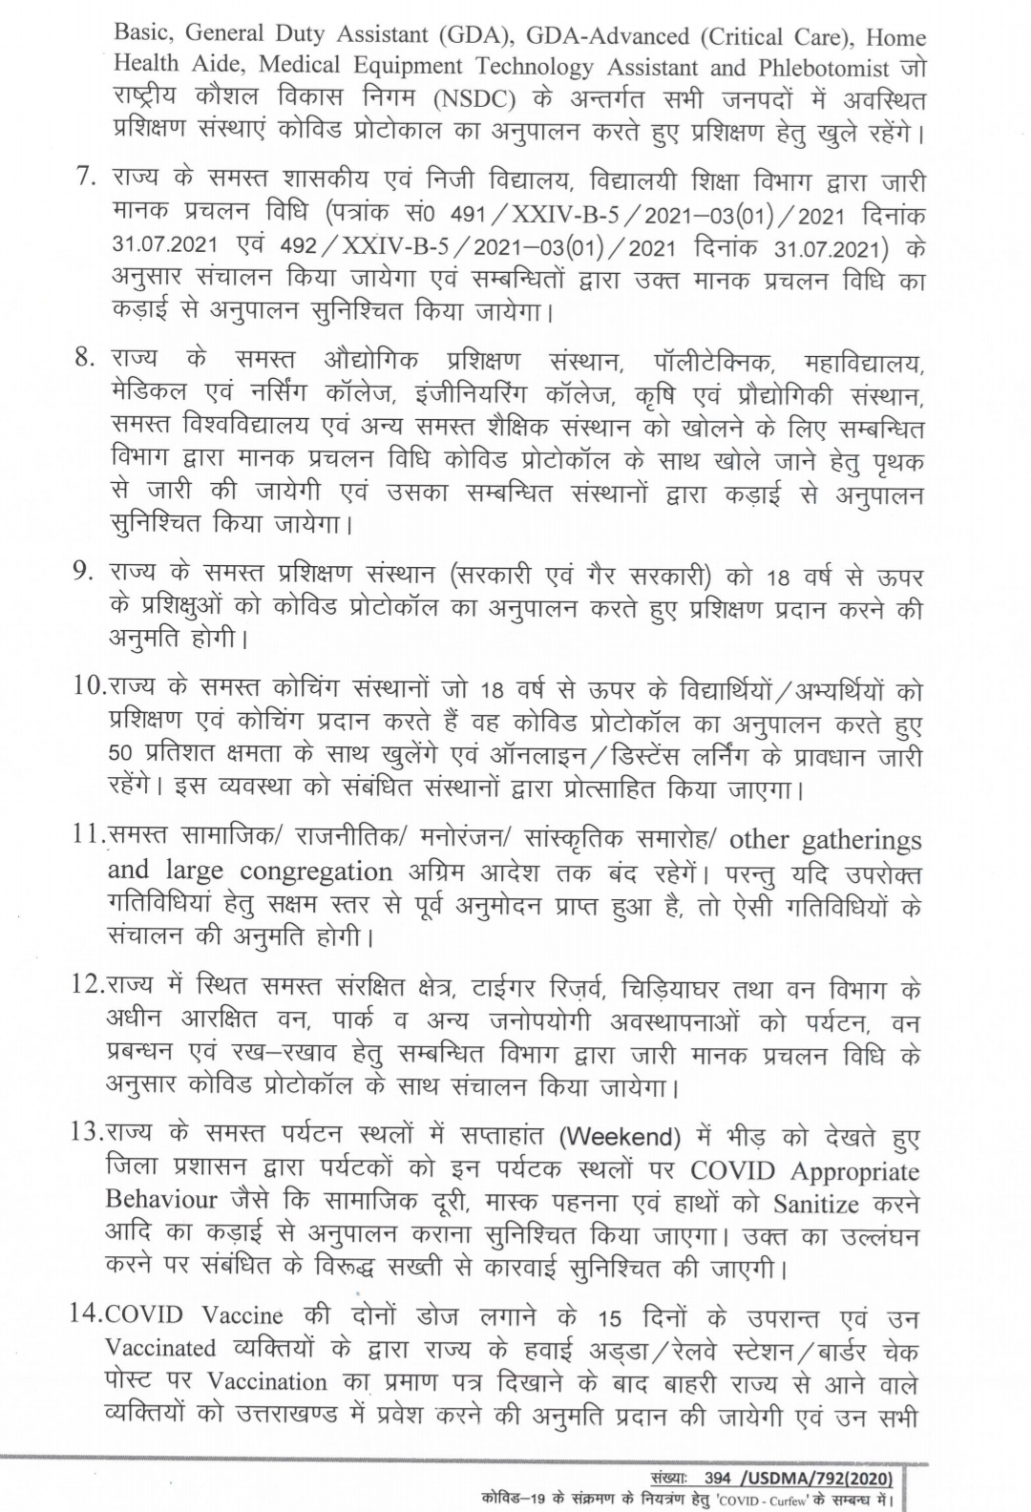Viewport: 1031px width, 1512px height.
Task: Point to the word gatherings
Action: (861, 840)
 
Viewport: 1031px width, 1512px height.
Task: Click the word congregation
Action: (316, 871)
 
